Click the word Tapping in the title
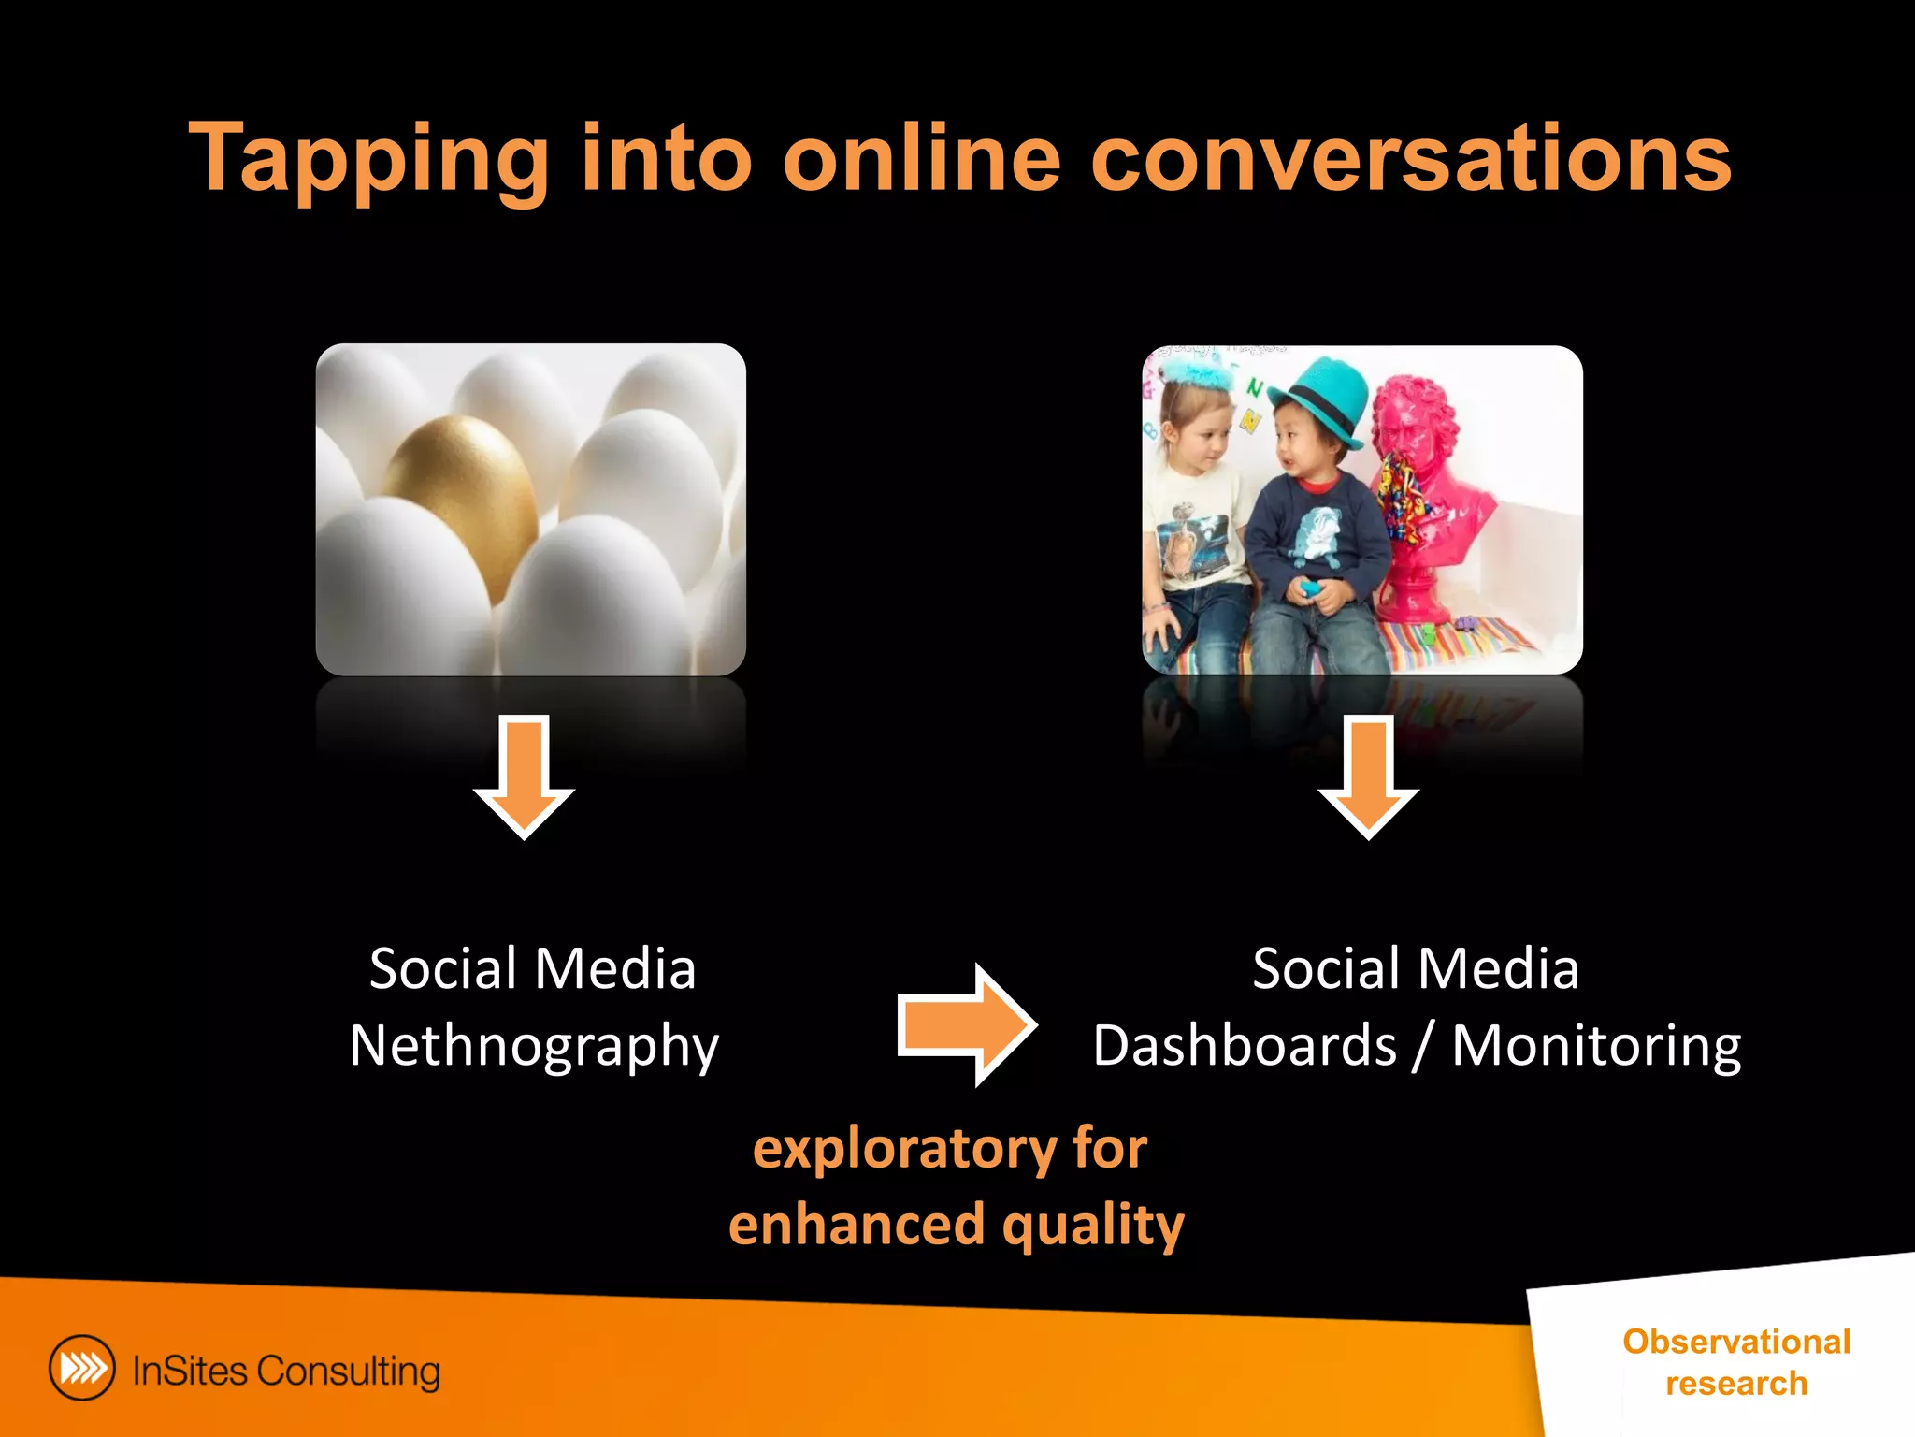[x=369, y=159]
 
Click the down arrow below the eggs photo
[x=524, y=777]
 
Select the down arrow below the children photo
[x=1368, y=777]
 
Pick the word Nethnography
[x=534, y=1046]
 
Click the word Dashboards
[x=1245, y=1045]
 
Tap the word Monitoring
[x=1596, y=1045]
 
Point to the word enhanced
[x=857, y=1226]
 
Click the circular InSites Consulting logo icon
[x=82, y=1368]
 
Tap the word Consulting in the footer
[x=348, y=1372]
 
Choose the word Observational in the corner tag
[x=1736, y=1342]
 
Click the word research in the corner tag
[x=1736, y=1383]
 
